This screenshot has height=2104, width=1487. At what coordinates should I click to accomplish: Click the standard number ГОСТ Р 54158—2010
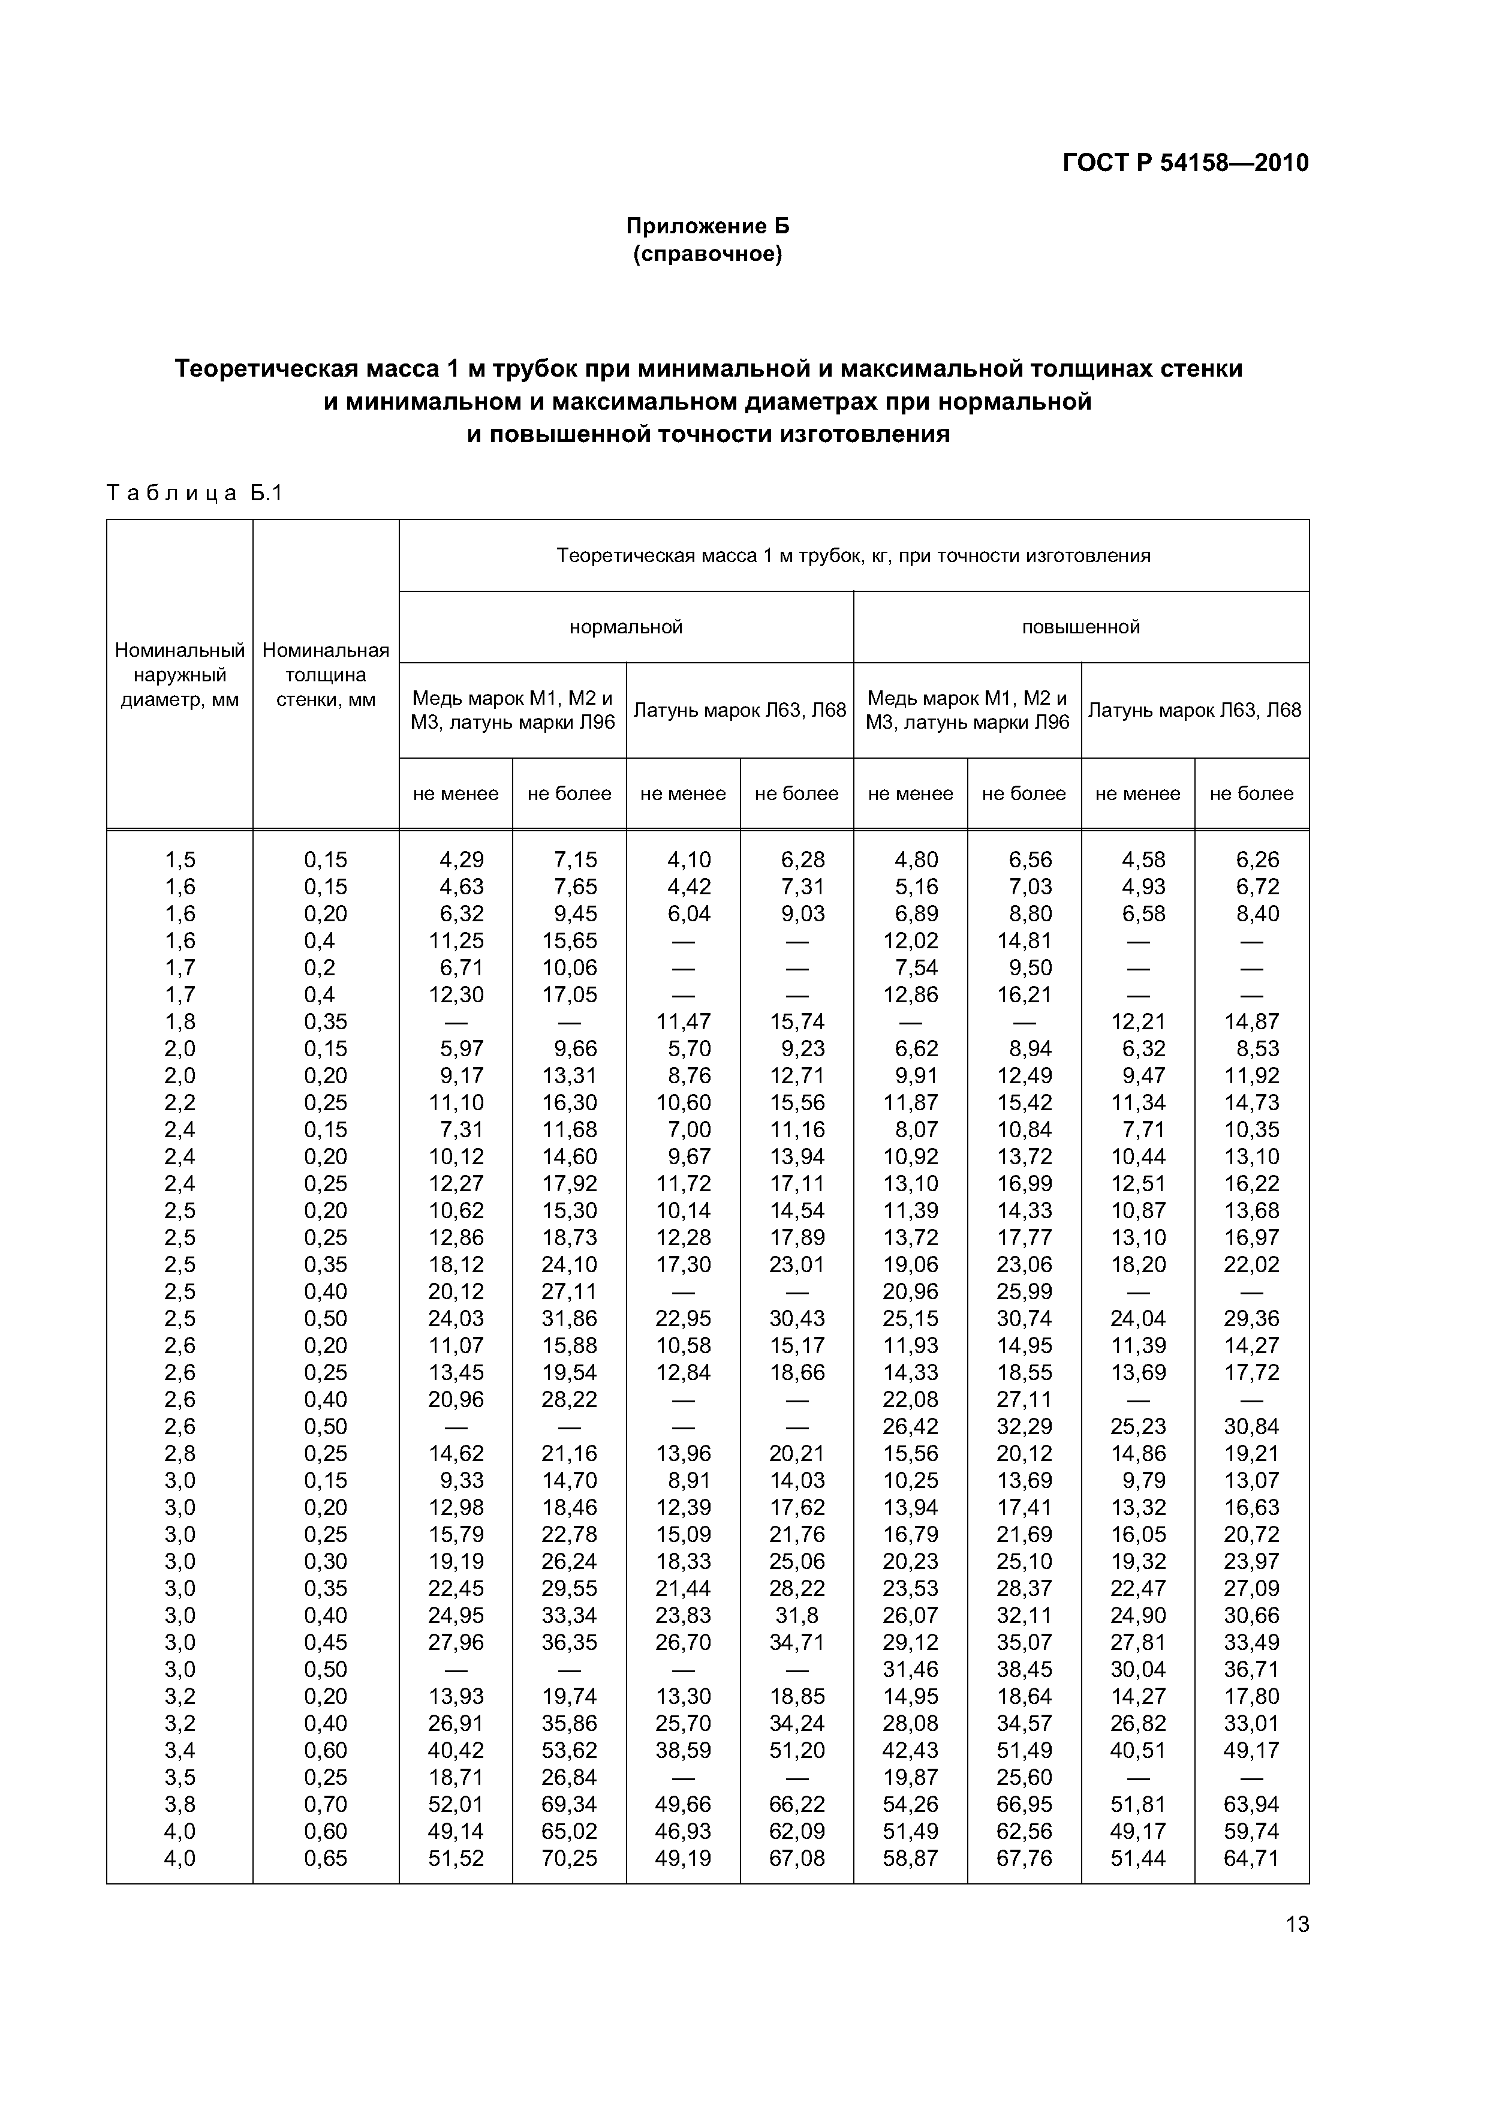click(x=1185, y=163)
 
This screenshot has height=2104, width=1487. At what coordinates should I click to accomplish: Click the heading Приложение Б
click(x=708, y=226)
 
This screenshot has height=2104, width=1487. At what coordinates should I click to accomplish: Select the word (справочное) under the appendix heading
click(x=708, y=254)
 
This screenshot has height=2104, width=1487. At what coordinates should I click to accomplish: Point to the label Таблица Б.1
click(x=195, y=494)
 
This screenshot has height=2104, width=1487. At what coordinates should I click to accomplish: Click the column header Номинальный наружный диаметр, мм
click(x=179, y=675)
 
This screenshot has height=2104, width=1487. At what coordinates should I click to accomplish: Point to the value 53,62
click(x=569, y=1750)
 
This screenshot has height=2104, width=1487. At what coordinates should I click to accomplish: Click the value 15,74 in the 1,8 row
click(x=796, y=1022)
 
